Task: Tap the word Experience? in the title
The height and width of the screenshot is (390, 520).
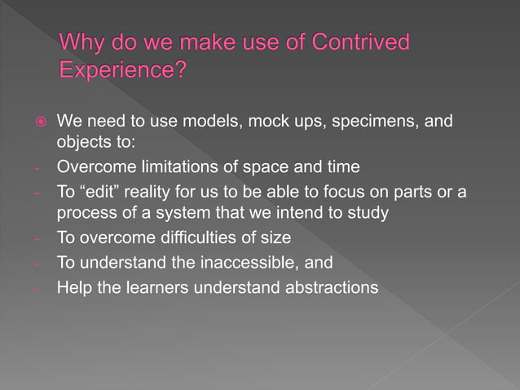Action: point(123,70)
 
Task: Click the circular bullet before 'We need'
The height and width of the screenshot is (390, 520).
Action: point(37,122)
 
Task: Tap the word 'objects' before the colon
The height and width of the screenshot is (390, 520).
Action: point(84,143)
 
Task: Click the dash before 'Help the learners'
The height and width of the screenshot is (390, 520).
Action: point(37,287)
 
